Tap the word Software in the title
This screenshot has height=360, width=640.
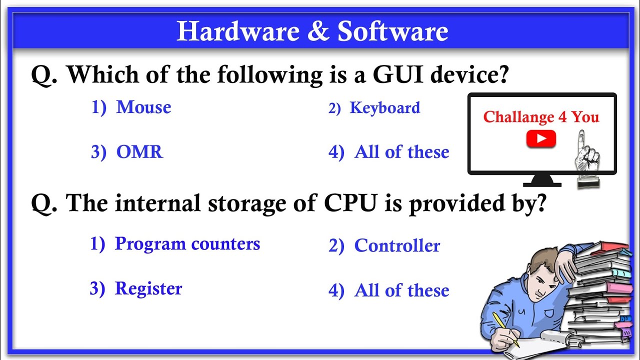pos(392,31)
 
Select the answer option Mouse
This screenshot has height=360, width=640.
pos(143,107)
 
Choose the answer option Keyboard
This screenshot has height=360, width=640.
pos(384,108)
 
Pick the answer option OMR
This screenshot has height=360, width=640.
pos(139,152)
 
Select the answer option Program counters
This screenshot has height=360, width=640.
pos(187,244)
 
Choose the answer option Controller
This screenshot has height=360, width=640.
pos(397,246)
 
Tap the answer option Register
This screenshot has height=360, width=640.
pos(148,288)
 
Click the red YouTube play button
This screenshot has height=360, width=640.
pos(541,138)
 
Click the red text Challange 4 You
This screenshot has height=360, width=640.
pos(541,117)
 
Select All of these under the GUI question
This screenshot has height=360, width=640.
pos(401,152)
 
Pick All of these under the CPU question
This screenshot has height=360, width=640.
pos(401,290)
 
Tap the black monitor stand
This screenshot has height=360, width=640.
pos(541,180)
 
